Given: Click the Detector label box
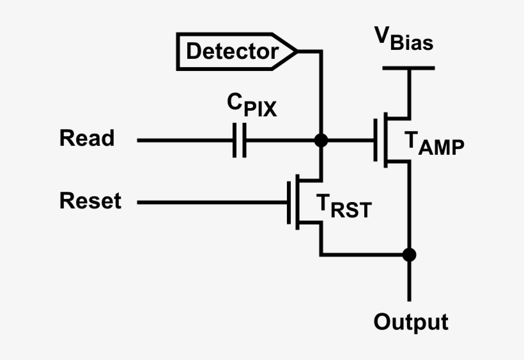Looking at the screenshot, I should (x=233, y=51).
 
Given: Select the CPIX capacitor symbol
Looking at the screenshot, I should (x=238, y=140).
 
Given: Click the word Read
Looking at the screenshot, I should (x=87, y=138).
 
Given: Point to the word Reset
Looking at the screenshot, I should (x=90, y=201).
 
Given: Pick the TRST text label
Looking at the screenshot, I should (x=343, y=207).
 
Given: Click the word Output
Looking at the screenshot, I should (x=410, y=322).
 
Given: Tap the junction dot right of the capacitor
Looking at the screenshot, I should (x=321, y=140).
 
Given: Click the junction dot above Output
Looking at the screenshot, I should (x=409, y=254).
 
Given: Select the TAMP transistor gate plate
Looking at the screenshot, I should (x=376, y=140).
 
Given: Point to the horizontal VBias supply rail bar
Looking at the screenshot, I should (x=409, y=68).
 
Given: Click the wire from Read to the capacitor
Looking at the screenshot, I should (x=185, y=140).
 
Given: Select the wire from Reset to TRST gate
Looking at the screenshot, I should (x=211, y=203).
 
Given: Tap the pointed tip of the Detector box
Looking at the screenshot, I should (x=296, y=51).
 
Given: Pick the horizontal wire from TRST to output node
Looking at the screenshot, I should (x=364, y=254).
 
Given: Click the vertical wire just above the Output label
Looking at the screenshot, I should (x=409, y=281).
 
